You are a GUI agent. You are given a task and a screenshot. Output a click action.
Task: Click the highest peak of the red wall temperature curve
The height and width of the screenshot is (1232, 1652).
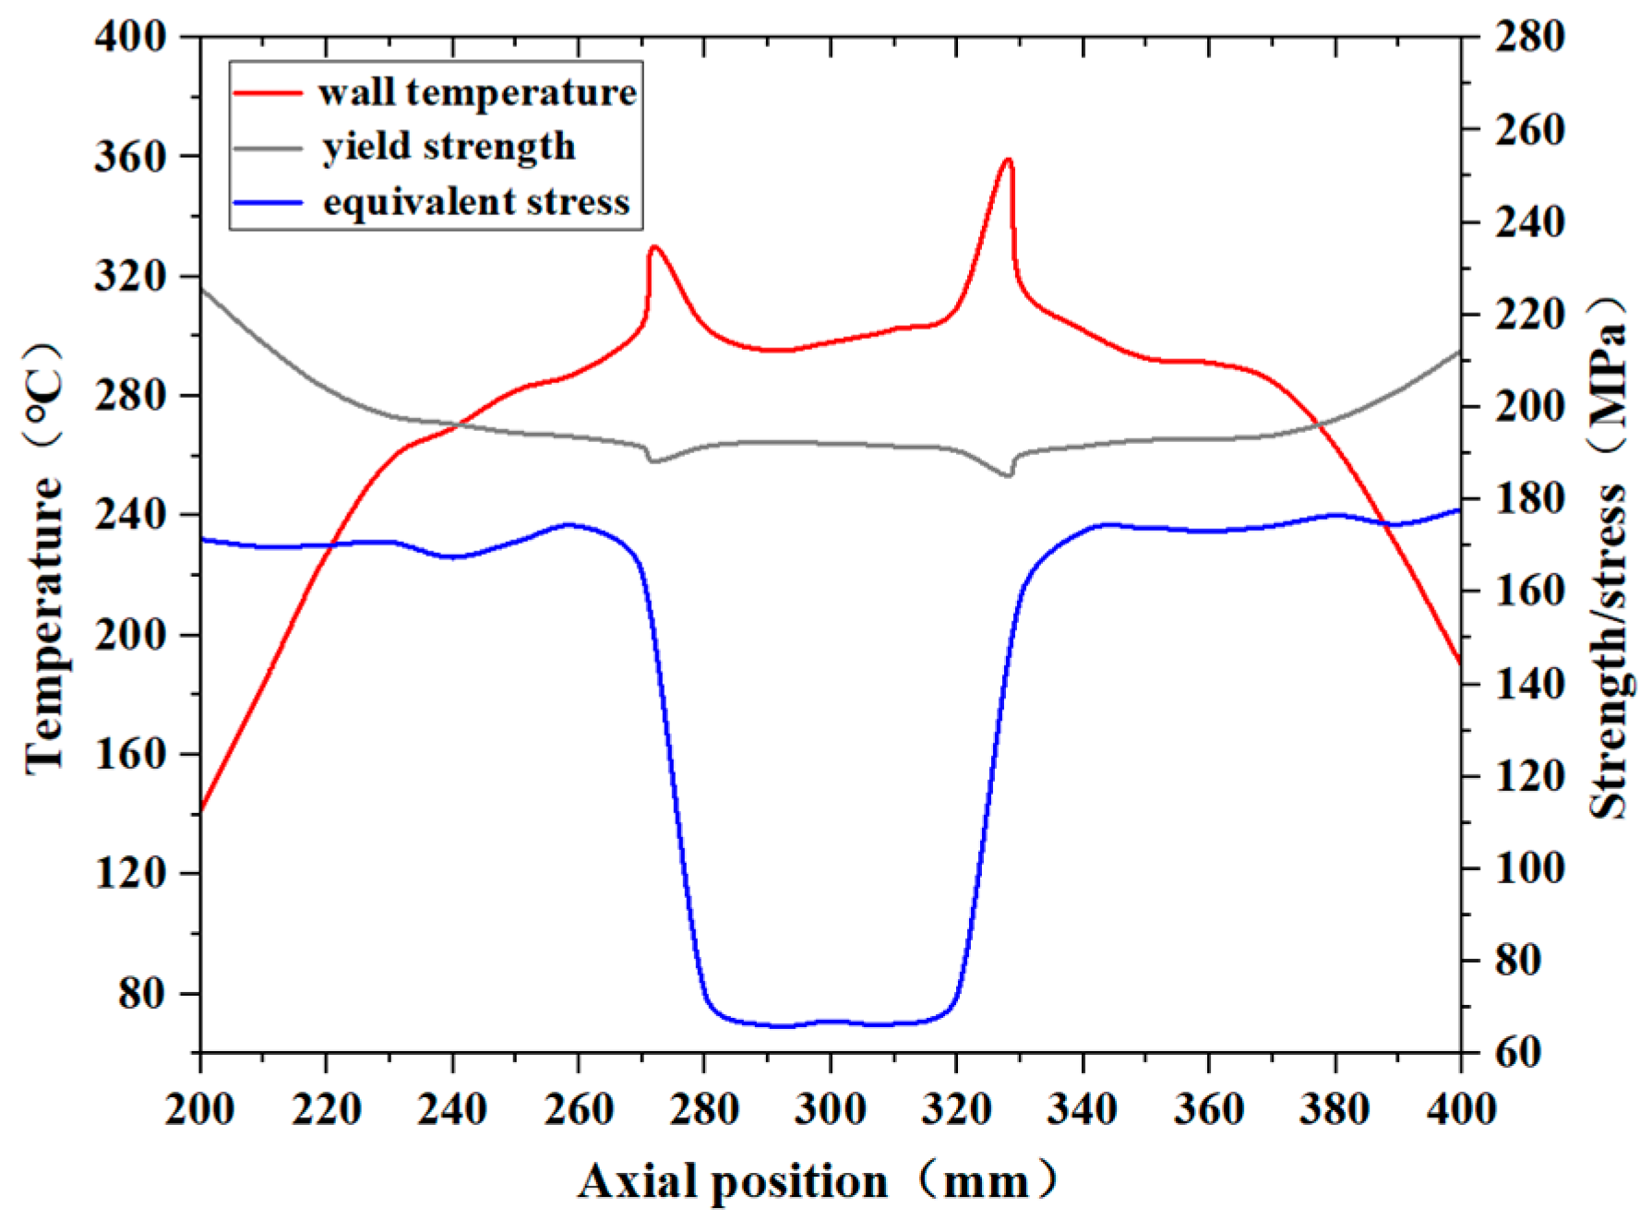(x=1009, y=161)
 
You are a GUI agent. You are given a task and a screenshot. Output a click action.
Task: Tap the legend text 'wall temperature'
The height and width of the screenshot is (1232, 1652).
(x=477, y=92)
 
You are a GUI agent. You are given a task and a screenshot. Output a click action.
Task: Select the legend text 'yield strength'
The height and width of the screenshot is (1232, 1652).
(x=449, y=147)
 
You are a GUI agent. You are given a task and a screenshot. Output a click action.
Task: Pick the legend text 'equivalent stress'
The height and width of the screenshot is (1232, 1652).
(x=476, y=202)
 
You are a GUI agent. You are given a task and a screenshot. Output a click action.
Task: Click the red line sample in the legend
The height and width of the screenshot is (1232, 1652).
(x=268, y=92)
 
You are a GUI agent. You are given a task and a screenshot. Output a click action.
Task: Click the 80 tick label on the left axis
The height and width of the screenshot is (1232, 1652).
(x=142, y=993)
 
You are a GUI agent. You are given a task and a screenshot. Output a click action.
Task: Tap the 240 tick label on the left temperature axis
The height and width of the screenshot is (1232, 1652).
(x=130, y=515)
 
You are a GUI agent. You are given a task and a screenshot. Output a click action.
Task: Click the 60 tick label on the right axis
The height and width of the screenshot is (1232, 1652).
(x=1518, y=1052)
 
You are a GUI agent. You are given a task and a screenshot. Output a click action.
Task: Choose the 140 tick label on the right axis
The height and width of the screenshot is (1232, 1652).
(x=1530, y=684)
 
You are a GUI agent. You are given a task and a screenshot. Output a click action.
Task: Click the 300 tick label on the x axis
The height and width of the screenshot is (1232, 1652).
(x=830, y=1108)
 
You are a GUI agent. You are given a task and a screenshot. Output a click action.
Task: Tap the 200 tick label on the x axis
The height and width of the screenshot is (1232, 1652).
(x=199, y=1108)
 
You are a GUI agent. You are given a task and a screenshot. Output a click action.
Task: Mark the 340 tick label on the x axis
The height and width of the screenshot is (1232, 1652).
(x=1082, y=1108)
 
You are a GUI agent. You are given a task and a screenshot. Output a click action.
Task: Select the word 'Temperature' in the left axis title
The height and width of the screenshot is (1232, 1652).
(x=44, y=628)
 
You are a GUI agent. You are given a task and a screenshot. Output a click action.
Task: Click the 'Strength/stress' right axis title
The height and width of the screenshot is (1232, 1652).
(x=1609, y=651)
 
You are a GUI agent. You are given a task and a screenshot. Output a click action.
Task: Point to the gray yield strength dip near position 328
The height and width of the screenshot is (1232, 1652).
(x=1008, y=475)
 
